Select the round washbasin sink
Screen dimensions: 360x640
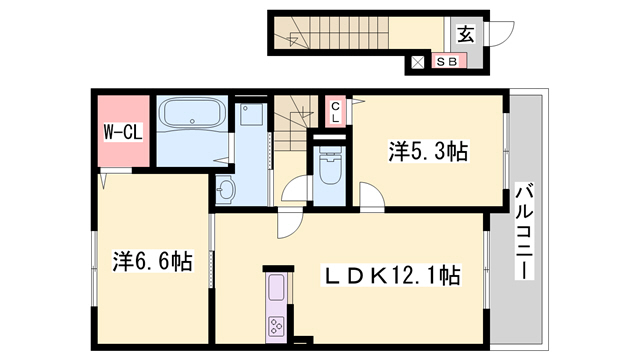(x=226, y=187)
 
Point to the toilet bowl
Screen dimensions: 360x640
(x=327, y=167)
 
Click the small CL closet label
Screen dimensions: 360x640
(x=336, y=110)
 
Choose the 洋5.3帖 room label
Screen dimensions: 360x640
(x=428, y=152)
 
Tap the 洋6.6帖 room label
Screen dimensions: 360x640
(x=152, y=262)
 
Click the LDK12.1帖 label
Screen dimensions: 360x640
(x=389, y=275)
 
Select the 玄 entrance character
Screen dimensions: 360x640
(x=466, y=33)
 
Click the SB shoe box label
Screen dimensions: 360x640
(x=447, y=62)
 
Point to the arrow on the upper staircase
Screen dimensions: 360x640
(x=297, y=40)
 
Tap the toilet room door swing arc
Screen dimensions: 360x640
(x=296, y=190)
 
